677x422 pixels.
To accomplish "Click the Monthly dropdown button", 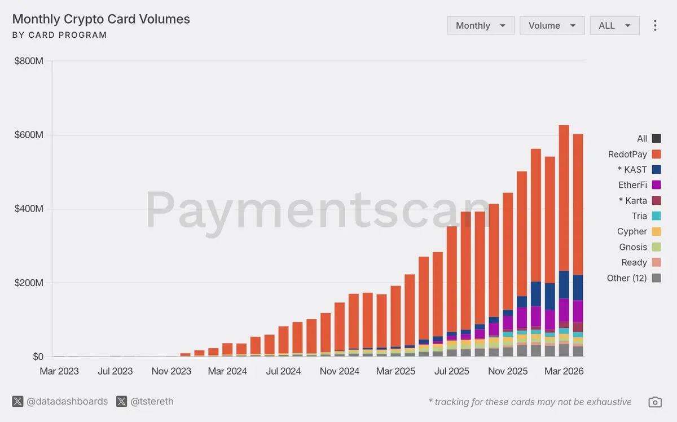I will click(480, 25).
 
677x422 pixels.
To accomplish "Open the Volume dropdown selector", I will click(552, 25).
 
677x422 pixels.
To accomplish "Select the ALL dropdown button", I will click(614, 25).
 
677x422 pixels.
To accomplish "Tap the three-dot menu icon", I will click(655, 25).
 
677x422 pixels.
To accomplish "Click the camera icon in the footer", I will click(655, 402).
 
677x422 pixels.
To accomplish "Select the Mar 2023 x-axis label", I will click(59, 371).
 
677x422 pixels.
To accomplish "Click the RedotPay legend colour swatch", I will click(656, 154).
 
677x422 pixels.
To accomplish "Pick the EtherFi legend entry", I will click(632, 184).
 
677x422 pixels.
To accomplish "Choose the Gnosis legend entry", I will click(632, 247).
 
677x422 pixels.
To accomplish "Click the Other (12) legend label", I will click(627, 278).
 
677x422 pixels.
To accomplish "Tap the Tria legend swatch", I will click(656, 216).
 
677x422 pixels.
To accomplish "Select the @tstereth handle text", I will click(152, 402).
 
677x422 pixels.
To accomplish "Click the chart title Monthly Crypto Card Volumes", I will click(101, 19).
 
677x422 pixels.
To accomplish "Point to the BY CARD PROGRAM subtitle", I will click(59, 35).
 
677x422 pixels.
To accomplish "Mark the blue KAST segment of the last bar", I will click(578, 287).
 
